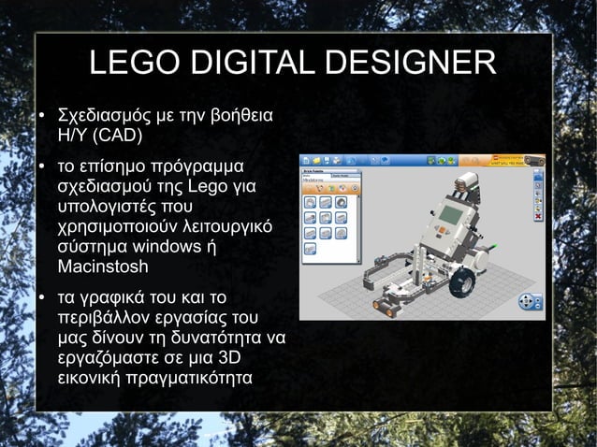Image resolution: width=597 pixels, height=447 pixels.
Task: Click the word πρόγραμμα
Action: pos(197,168)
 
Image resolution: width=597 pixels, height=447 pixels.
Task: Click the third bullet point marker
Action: pos(42,300)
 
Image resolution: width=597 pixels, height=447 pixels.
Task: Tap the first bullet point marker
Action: pos(42,120)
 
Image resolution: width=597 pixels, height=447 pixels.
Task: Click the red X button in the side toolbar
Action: pos(538,217)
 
